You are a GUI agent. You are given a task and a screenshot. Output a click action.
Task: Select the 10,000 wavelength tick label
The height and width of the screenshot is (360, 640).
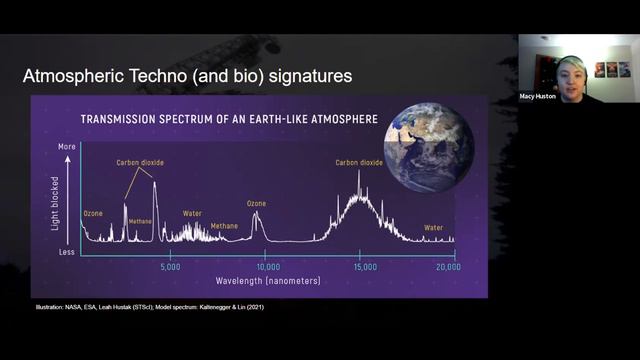tap(267, 267)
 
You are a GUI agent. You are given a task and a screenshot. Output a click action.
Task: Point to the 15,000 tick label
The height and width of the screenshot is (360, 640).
tap(365, 267)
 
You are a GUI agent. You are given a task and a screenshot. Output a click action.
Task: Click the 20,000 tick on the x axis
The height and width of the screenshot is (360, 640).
tap(448, 267)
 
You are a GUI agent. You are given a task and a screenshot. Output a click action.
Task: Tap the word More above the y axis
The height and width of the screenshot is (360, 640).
tap(68, 146)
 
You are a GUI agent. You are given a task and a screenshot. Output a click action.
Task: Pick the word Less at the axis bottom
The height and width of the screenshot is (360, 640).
tap(68, 254)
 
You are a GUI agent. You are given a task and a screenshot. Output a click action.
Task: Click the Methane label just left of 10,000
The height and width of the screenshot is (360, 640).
tap(224, 226)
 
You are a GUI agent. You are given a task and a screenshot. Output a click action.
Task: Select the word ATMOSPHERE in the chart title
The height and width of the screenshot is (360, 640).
tap(339, 119)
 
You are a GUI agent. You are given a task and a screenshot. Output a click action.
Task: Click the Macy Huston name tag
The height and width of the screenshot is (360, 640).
tap(537, 96)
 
